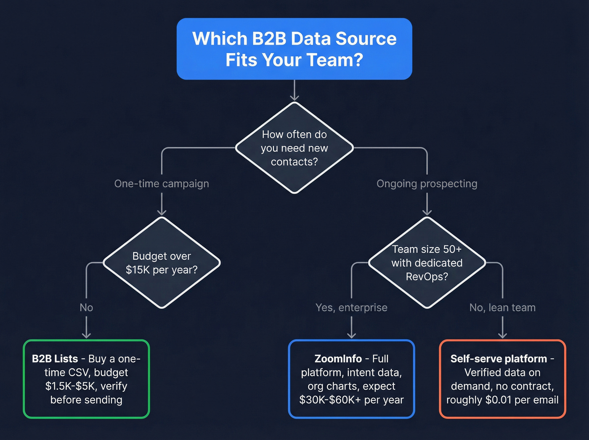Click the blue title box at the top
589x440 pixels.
pyautogui.click(x=294, y=49)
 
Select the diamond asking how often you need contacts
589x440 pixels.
pyautogui.click(x=294, y=148)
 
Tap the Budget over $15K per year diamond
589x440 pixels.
pyautogui.click(x=162, y=263)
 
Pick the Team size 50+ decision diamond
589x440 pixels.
pyautogui.click(x=427, y=263)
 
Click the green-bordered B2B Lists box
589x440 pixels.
pyautogui.click(x=86, y=379)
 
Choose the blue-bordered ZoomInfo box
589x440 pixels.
pyautogui.click(x=351, y=379)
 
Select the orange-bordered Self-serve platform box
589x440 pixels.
pyautogui.click(x=502, y=379)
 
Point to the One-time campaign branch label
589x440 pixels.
pyautogui.click(x=162, y=184)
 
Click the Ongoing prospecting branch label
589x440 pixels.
pyautogui.click(x=427, y=184)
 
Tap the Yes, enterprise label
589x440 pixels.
pyautogui.click(x=351, y=307)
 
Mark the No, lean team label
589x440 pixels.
pyautogui.click(x=502, y=307)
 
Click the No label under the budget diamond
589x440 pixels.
pyautogui.click(x=86, y=307)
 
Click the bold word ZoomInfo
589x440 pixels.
pyautogui.click(x=338, y=359)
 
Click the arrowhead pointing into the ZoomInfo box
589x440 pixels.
pyautogui.click(x=351, y=335)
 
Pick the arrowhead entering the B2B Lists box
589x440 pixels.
pyautogui.click(x=86, y=335)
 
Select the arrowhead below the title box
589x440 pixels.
pyautogui.click(x=294, y=98)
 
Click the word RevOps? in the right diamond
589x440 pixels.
pyautogui.click(x=427, y=277)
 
